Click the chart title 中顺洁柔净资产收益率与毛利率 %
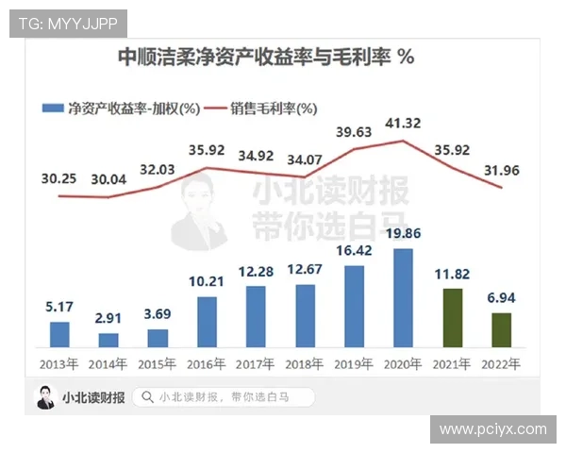point(265,58)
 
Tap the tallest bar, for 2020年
point(403,298)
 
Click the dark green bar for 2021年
point(453,318)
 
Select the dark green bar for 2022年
point(501,329)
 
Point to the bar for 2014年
point(108,340)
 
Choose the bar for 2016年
point(207,322)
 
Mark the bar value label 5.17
point(58,307)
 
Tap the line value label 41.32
point(403,125)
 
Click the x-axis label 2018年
point(304,363)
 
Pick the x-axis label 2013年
point(58,363)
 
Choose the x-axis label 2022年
point(501,363)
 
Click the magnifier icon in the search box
point(147,397)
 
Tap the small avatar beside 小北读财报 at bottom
point(45,397)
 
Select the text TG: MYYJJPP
point(68,23)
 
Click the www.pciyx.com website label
point(493,429)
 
